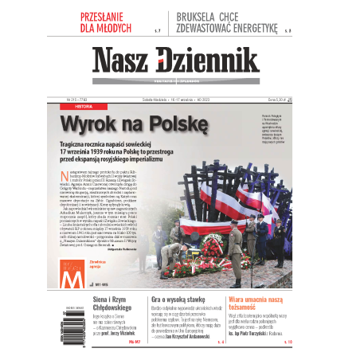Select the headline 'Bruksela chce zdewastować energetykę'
pyautogui.click(x=228, y=23)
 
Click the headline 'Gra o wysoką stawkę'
pyautogui.click(x=170, y=297)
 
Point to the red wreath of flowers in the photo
pyautogui.click(x=211, y=251)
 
